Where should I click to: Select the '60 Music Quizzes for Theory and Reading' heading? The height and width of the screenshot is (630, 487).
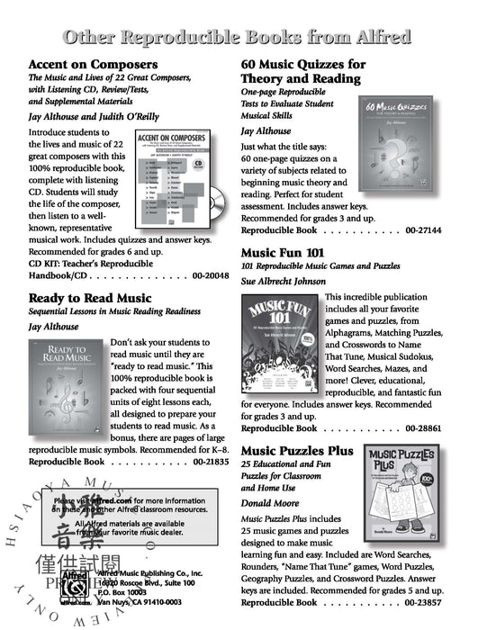pos(302,72)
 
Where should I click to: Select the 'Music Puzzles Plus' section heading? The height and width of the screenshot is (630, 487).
pos(297,451)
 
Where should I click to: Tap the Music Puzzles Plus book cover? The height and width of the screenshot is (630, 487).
pos(410,498)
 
